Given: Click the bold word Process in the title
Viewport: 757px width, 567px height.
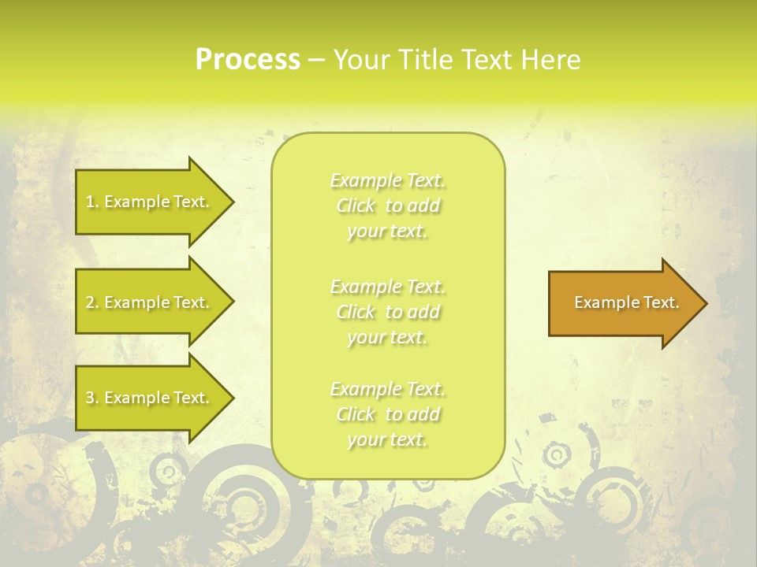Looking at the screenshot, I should pos(248,60).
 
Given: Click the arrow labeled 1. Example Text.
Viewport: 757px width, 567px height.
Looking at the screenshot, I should pos(150,202).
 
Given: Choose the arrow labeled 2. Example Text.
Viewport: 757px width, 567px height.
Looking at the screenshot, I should pos(150,302).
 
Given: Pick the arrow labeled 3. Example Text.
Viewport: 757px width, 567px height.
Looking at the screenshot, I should pos(150,398).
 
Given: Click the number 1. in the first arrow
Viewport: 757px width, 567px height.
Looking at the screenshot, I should pos(92,202).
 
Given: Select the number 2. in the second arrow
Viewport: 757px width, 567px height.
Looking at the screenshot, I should pos(92,302).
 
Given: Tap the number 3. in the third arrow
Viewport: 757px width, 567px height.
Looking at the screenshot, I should pos(92,398).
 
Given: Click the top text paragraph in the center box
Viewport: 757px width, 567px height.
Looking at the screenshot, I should pos(388,206).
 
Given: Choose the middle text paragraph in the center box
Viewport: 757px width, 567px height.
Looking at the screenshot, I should pos(388,312).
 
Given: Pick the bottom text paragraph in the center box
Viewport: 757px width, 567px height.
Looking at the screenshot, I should pos(388,414).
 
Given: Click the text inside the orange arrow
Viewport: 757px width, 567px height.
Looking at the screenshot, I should pos(626,302).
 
